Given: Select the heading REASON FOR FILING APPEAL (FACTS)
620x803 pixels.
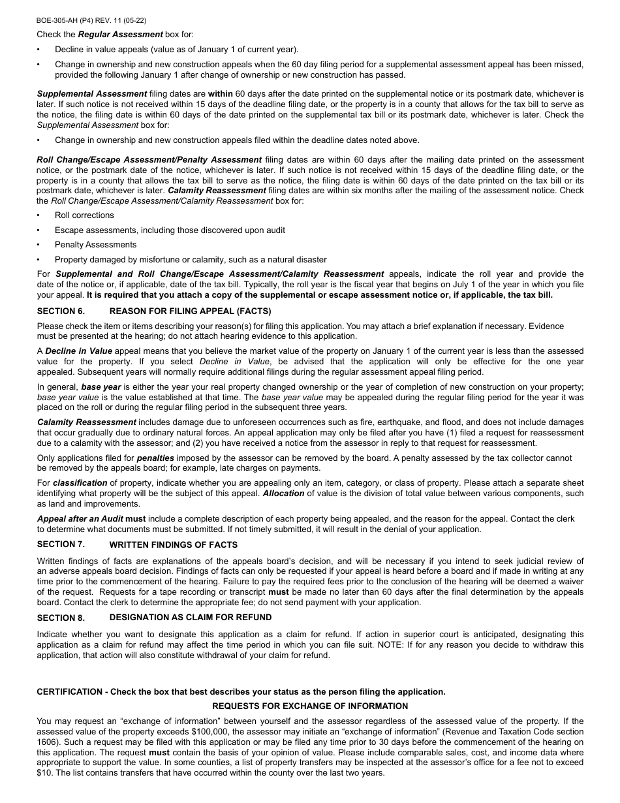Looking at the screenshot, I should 190,311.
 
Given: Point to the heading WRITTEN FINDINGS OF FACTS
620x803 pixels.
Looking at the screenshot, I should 173,544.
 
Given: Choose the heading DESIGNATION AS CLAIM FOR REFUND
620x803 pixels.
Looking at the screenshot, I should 190,617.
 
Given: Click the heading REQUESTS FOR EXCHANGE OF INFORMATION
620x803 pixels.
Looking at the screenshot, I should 310,706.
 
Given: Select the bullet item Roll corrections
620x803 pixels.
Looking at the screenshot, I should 84,215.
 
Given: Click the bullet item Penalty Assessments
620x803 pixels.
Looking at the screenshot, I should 95,245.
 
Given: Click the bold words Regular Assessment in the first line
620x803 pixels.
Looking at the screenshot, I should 120,34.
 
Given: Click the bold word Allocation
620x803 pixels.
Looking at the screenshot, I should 283,493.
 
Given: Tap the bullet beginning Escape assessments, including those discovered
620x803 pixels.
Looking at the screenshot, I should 170,230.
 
